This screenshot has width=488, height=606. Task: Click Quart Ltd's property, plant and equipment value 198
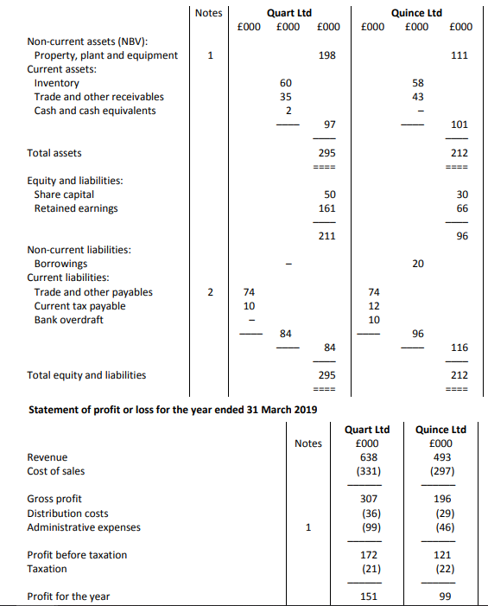tap(327, 55)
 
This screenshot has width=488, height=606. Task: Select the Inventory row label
tap(56, 83)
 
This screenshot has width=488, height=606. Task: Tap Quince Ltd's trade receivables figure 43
tap(418, 97)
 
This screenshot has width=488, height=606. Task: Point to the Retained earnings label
tap(76, 208)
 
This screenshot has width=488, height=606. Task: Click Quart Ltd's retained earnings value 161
tap(327, 208)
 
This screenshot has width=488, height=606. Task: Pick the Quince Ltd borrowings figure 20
tap(418, 264)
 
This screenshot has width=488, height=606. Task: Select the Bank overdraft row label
tap(68, 320)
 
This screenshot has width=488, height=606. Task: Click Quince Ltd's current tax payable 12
tap(374, 306)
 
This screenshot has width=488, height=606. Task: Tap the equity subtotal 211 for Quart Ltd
tap(327, 236)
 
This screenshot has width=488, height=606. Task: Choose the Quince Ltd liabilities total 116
tap(459, 348)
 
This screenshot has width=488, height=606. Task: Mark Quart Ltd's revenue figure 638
tap(368, 457)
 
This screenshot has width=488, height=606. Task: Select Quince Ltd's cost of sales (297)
tap(440, 471)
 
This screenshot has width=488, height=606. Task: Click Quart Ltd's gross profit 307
tap(368, 499)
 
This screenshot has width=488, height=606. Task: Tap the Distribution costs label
tap(68, 513)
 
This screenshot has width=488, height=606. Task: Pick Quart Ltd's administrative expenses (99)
tap(368, 526)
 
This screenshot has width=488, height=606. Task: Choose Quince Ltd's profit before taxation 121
tap(440, 555)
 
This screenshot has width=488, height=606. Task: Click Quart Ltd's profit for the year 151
tap(368, 596)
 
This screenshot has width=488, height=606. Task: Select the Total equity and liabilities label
tap(86, 375)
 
